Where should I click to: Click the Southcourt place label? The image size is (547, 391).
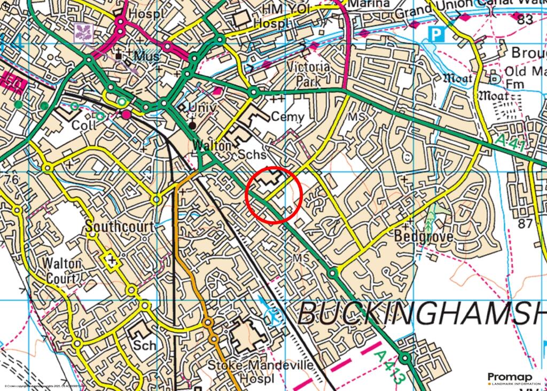112,226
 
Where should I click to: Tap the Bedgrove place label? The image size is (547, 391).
424,236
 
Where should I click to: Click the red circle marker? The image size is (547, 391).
274,194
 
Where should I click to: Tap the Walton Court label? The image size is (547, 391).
63,271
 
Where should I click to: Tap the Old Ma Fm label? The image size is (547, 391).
522,77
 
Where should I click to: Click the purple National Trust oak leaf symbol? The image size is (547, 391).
85,31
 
